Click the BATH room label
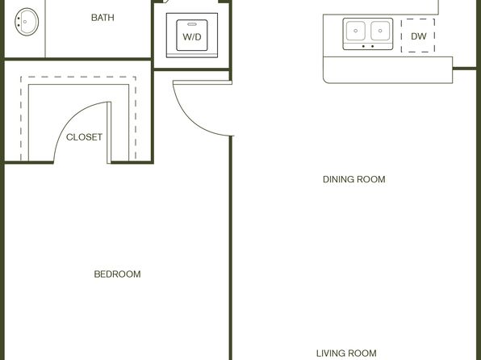coord(102,18)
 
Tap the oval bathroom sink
coord(27,22)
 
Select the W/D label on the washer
coord(192,37)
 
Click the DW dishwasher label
coord(418,36)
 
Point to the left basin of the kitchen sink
coord(356,31)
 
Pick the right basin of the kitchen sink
coord(380,31)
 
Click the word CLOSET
coord(84,137)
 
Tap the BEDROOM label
coord(118,274)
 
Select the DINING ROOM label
coord(354,179)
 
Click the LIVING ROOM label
coord(346,354)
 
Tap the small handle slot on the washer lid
coord(192,24)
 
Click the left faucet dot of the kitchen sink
coord(363,46)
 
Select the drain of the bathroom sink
coord(25,22)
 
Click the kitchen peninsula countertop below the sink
coord(387,69)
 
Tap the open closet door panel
coord(109,132)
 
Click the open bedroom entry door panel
coord(203,82)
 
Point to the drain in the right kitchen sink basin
coord(380,31)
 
